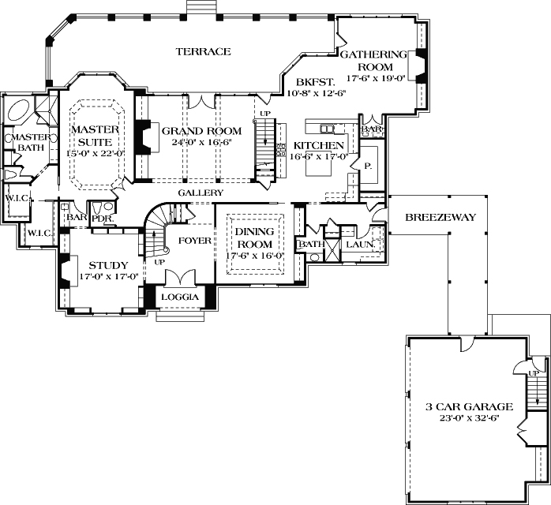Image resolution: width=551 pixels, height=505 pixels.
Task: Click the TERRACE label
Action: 203,51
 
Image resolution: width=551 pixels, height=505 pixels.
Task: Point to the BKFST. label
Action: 315,81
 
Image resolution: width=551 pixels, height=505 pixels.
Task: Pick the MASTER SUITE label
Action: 95,135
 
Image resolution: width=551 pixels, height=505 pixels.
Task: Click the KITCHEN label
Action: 318,146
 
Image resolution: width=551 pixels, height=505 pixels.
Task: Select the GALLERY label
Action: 200,193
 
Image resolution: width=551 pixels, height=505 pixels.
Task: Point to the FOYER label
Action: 193,240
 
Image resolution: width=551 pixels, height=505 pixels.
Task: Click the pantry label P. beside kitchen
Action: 368,166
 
